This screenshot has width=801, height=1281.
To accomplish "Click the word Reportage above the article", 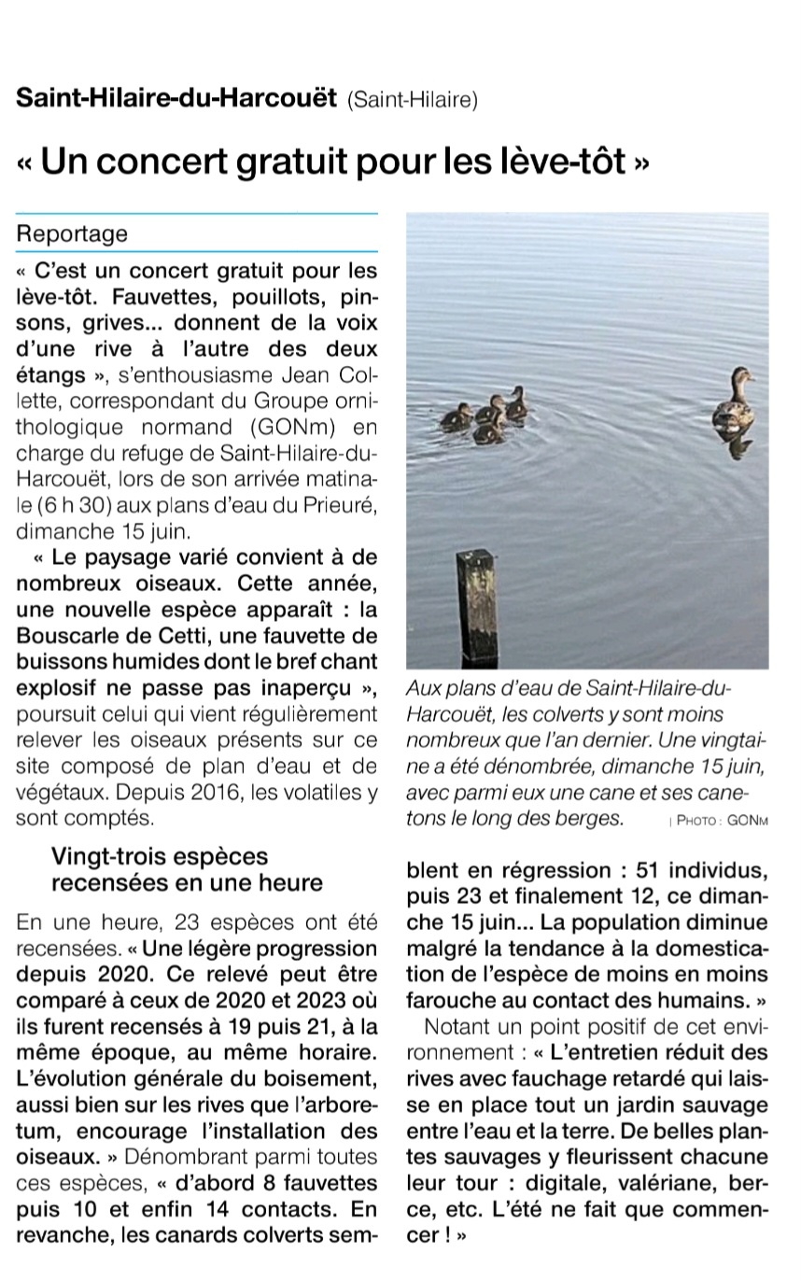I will coord(72,234).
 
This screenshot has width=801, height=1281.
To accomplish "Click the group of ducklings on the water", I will coord(485,415).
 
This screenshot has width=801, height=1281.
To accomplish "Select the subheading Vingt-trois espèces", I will coord(159,856).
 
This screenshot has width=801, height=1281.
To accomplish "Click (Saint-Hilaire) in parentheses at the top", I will coord(412,100).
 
